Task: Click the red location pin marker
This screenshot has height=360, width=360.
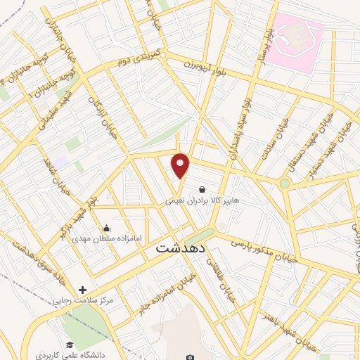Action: tap(181, 165)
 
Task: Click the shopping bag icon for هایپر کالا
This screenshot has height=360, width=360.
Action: tap(202, 189)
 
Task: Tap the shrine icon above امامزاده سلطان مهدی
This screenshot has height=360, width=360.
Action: tap(106, 228)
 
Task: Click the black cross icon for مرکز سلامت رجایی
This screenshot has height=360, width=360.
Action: tap(83, 290)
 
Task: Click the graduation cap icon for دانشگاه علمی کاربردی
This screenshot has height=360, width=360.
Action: tap(70, 345)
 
